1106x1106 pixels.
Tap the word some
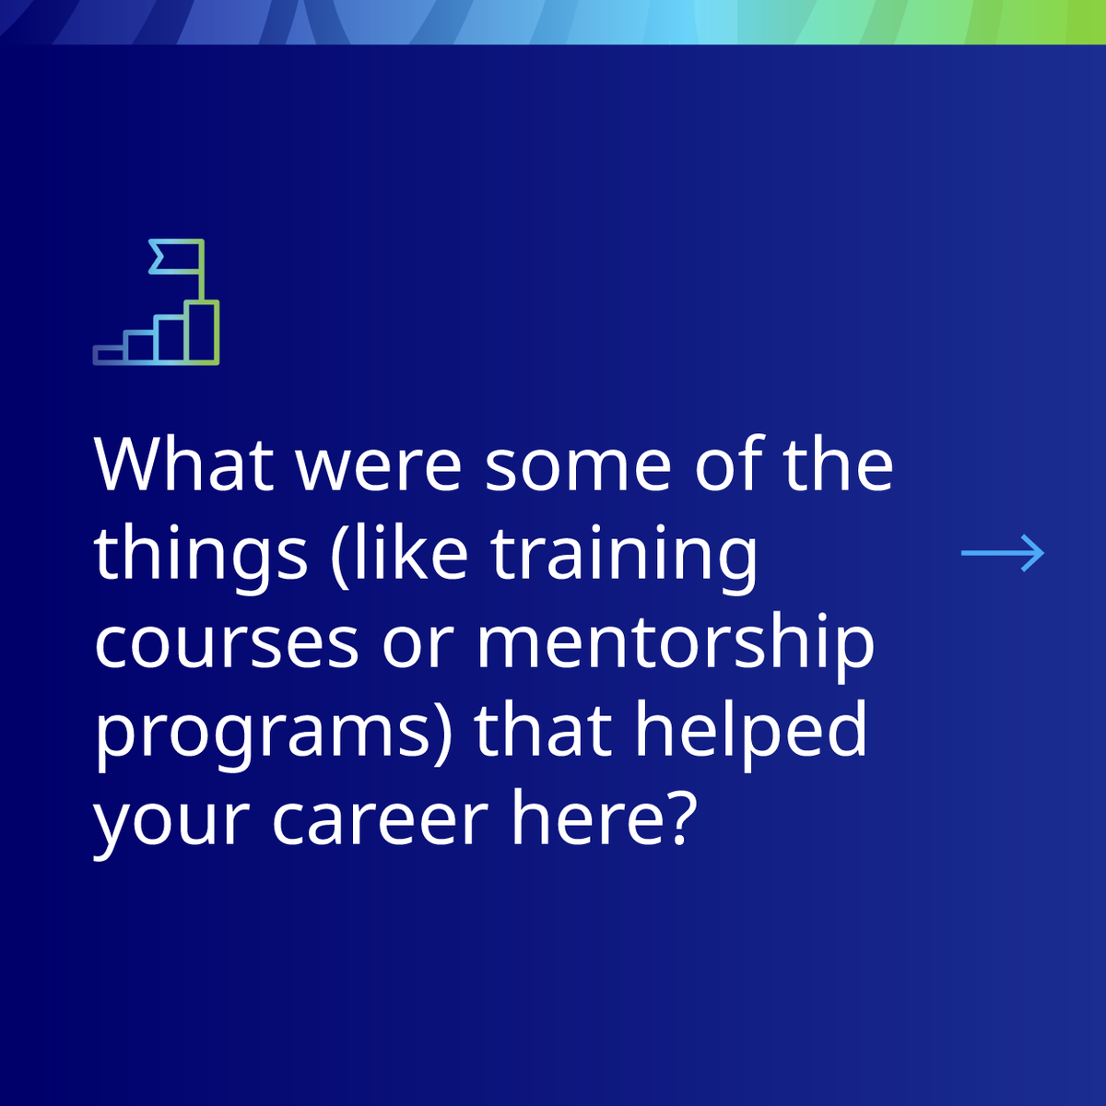(578, 465)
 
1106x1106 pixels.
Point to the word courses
(226, 644)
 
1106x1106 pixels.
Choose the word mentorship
(675, 644)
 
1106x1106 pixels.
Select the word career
(380, 819)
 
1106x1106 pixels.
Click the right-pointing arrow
(1003, 553)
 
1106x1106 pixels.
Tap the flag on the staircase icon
(166, 257)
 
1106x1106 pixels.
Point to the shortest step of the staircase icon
(109, 355)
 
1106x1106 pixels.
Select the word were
(379, 465)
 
